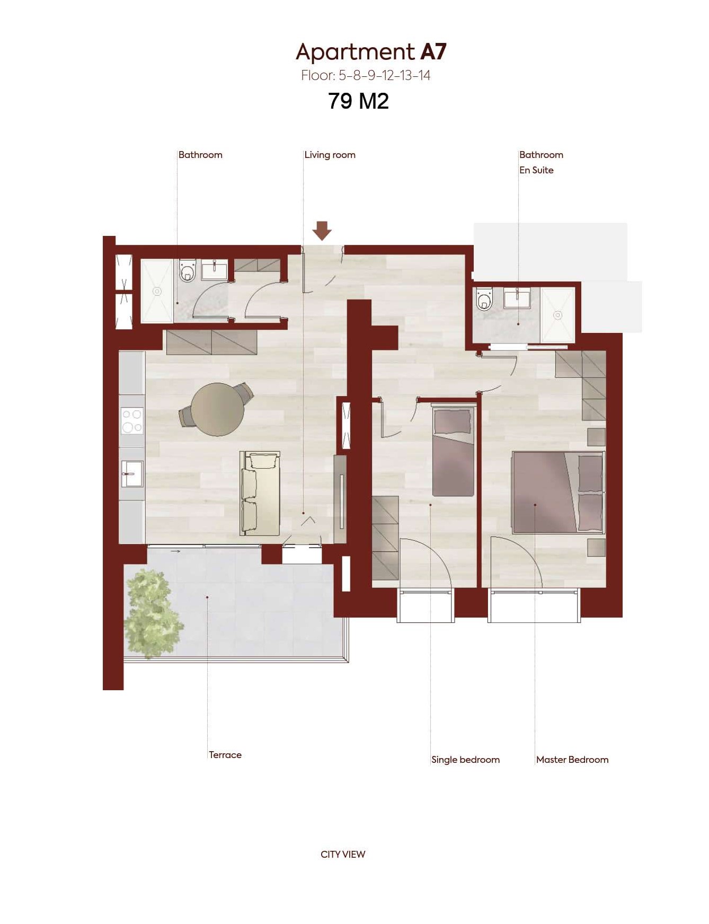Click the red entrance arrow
(322, 231)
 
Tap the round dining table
(217, 409)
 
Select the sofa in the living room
(260, 493)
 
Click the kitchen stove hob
(132, 420)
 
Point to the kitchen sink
(132, 473)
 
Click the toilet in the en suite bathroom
(484, 299)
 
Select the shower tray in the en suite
(557, 315)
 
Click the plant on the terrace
(153, 613)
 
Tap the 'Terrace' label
(225, 754)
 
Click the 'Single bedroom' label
(465, 760)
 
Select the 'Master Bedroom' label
(572, 760)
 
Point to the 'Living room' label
(330, 155)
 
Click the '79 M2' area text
(358, 101)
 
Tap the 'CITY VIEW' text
(343, 854)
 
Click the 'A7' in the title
(433, 51)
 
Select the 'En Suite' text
(536, 170)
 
